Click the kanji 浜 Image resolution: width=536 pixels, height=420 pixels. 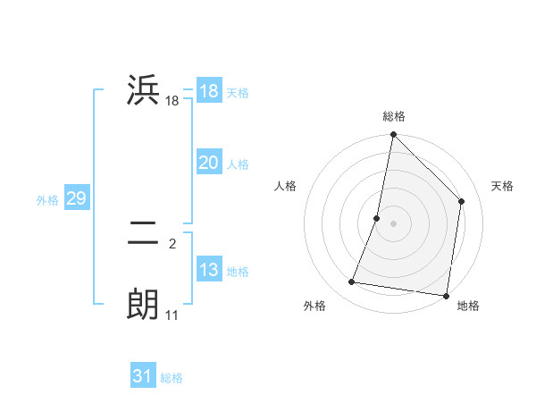click(x=144, y=91)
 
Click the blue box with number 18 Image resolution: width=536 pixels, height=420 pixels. click(x=208, y=91)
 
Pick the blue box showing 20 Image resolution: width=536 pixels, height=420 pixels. click(x=208, y=163)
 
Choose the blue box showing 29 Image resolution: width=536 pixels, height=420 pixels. click(x=76, y=198)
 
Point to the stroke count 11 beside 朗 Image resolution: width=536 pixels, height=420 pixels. click(x=172, y=315)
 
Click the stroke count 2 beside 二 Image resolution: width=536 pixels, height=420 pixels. click(x=172, y=244)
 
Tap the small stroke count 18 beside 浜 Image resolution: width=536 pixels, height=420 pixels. click(x=172, y=102)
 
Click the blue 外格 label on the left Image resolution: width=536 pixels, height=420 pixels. click(x=47, y=200)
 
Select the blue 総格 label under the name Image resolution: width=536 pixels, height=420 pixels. click(x=172, y=378)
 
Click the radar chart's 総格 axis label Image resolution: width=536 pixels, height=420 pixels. click(x=394, y=116)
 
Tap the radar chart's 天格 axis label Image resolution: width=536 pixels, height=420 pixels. click(x=503, y=186)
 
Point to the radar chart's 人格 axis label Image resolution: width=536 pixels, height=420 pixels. click(x=286, y=186)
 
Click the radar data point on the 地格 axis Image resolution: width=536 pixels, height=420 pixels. click(x=446, y=295)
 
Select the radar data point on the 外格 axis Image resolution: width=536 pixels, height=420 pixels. click(x=352, y=282)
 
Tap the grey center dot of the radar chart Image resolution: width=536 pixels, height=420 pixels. click(x=394, y=223)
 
